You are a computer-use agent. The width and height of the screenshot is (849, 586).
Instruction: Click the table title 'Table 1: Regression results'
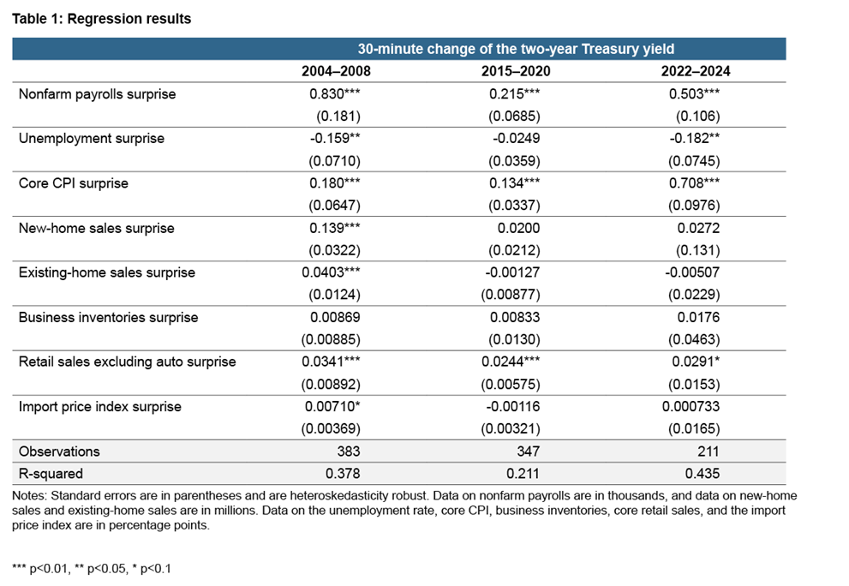(102, 19)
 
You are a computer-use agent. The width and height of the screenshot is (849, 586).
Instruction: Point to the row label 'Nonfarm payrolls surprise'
(97, 94)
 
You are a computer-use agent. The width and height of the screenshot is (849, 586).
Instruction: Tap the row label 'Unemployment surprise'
(92, 139)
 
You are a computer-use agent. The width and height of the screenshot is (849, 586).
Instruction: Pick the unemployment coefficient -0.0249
(516, 139)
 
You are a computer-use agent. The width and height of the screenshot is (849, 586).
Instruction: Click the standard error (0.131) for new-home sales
(697, 250)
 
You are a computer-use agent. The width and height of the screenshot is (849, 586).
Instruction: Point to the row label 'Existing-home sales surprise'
(107, 272)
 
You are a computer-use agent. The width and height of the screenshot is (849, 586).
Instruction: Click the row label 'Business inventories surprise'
(108, 317)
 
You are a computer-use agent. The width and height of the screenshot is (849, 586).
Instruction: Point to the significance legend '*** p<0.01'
(44, 568)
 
